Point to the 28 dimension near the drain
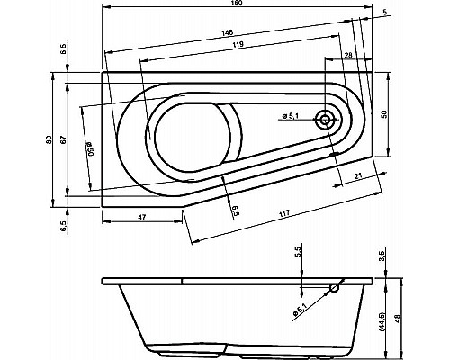pos(348,56)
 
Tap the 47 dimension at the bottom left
pos(142,219)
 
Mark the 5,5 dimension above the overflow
pos(298,256)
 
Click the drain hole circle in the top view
pos(326,120)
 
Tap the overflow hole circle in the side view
pos(334,289)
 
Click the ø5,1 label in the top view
pos(292,115)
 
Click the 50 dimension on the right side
pos(384,116)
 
